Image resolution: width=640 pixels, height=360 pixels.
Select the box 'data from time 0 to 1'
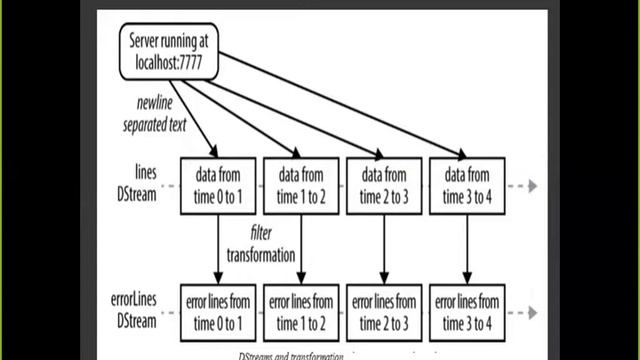pos(218,185)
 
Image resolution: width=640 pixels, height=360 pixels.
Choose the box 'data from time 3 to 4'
pos(467,185)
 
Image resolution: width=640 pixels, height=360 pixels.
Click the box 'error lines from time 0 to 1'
pos(218,312)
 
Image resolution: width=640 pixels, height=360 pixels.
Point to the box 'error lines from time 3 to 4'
pos(467,312)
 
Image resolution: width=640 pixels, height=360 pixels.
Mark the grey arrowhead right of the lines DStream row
pos(534,186)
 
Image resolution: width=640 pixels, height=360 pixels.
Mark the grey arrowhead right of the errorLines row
pos(534,313)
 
